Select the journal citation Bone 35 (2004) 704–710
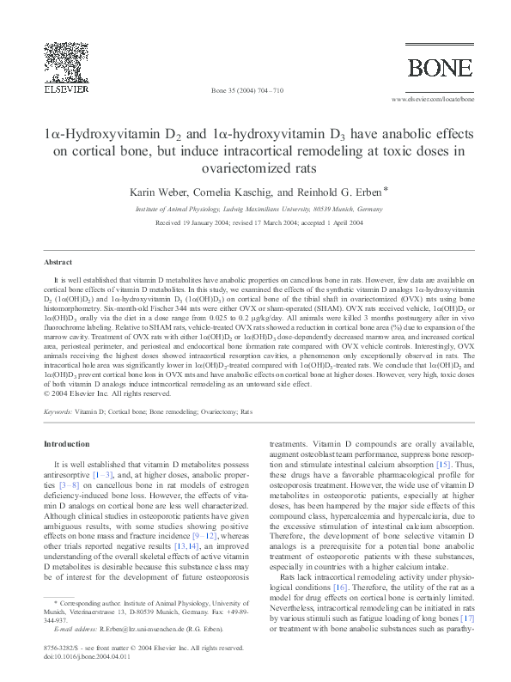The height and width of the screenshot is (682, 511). pos(246,89)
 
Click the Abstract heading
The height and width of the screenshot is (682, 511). pos(58,261)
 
